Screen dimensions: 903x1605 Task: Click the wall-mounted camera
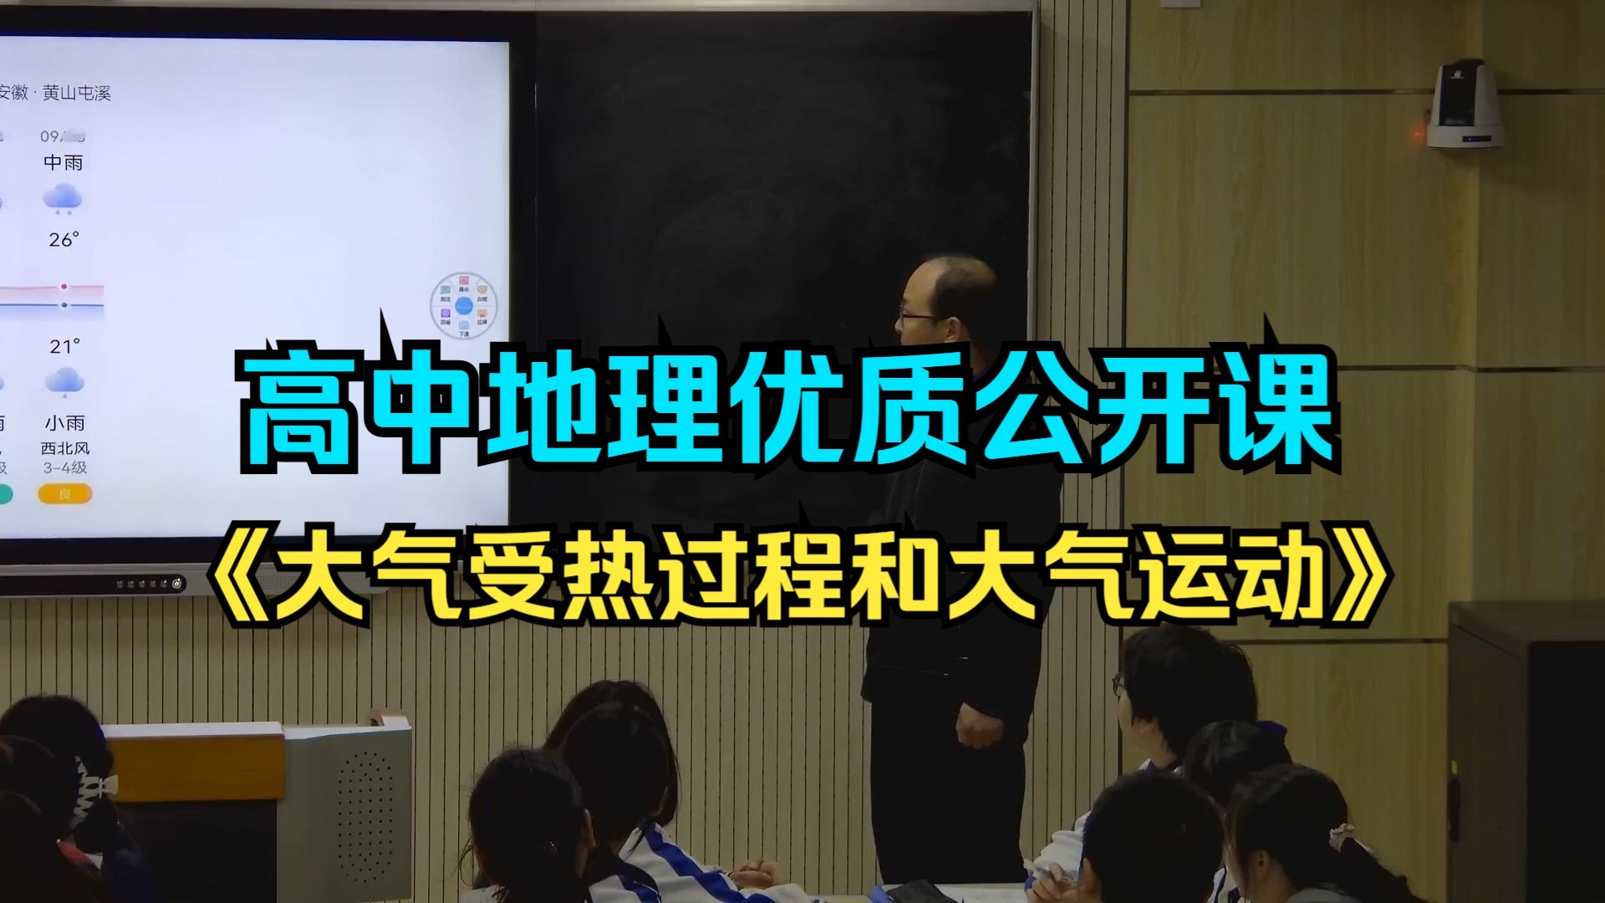pos(1464,105)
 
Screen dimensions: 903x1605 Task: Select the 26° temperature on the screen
pos(64,240)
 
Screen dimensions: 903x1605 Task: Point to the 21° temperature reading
pos(64,346)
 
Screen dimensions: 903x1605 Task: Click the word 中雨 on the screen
pos(64,162)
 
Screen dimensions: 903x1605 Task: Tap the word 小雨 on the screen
pos(65,423)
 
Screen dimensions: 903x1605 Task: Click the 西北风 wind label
pos(65,449)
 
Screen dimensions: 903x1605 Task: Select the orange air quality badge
pos(64,494)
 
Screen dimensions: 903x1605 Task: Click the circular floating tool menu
pos(464,305)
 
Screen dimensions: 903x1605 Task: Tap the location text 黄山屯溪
pos(77,94)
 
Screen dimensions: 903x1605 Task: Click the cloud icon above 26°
pos(63,199)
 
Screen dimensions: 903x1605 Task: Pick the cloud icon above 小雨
pos(64,382)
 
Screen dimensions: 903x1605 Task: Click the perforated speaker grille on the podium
pos(364,811)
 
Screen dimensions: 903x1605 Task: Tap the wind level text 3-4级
pos(65,468)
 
